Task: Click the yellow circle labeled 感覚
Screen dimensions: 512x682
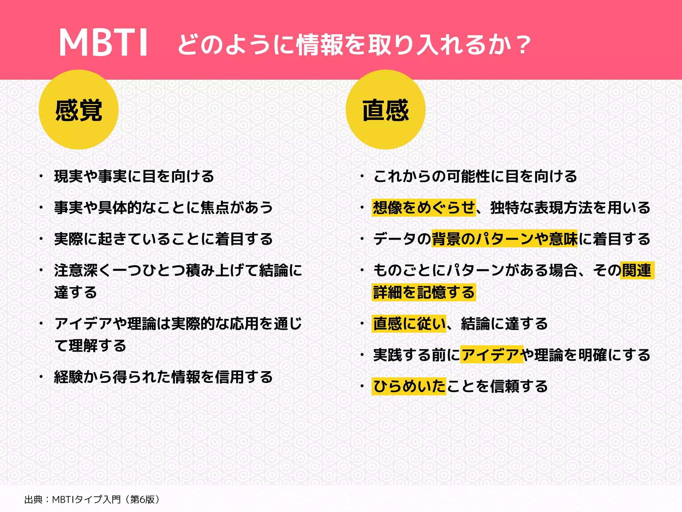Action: pos(79,110)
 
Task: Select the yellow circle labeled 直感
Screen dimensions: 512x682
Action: pos(386,110)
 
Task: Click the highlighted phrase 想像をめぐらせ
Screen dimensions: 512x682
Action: pos(424,208)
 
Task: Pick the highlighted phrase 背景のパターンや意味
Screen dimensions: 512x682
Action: pos(504,239)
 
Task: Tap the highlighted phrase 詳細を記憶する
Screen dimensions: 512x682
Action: pos(424,292)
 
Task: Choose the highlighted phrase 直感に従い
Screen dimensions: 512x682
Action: pos(409,324)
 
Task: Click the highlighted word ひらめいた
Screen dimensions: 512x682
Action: pos(409,386)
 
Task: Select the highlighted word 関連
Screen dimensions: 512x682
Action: pos(636,270)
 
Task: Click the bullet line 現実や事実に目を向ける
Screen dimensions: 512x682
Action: pos(134,176)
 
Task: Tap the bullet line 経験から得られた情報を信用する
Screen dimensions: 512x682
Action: pos(164,377)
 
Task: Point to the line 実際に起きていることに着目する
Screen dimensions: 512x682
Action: pos(164,239)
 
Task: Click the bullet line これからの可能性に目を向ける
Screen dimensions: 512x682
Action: pos(475,176)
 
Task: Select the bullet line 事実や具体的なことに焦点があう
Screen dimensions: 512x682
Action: pos(164,208)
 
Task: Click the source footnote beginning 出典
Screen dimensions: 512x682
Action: pos(92,499)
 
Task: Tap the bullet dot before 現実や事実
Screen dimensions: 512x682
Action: pos(41,176)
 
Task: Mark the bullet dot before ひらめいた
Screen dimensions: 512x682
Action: pos(362,386)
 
